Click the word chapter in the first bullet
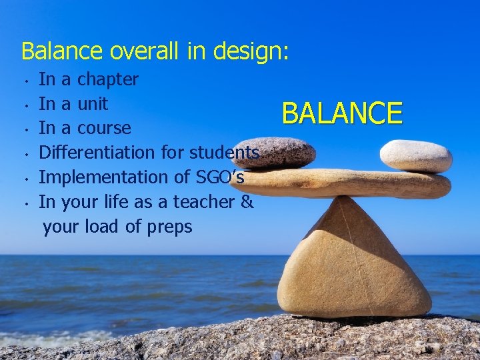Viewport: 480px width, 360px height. click(108, 80)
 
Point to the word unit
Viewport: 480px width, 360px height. click(93, 104)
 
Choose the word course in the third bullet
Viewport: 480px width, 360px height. click(104, 128)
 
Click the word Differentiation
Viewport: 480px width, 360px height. click(98, 153)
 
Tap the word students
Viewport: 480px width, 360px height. click(224, 153)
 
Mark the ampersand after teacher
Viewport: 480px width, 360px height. click(247, 202)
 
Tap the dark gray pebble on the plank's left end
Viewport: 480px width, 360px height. click(281, 153)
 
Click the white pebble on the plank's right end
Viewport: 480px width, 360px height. click(416, 156)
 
